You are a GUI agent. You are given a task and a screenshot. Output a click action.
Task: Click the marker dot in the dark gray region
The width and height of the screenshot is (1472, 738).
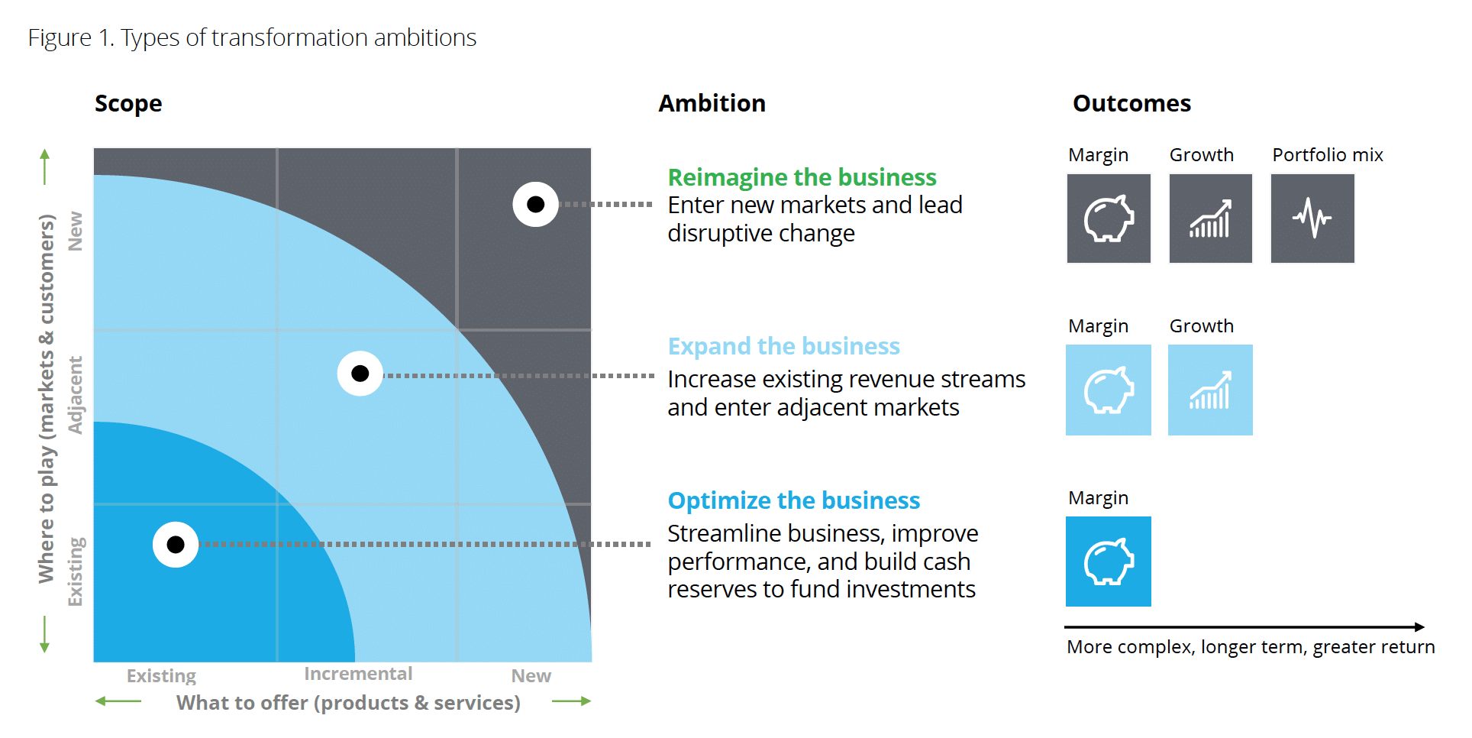pos(535,204)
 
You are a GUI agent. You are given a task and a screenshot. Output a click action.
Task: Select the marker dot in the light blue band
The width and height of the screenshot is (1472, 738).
pos(360,374)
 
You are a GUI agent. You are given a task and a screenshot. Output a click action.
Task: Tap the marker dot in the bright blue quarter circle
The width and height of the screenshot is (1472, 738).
pos(176,545)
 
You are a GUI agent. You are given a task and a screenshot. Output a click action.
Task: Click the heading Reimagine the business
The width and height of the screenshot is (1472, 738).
pos(802,177)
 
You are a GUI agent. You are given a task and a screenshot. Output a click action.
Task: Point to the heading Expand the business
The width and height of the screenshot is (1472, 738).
pos(784,346)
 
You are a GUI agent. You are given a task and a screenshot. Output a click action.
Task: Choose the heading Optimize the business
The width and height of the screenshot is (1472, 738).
pos(794,500)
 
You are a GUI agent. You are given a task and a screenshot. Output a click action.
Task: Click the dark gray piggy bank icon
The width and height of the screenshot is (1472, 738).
pos(1109,218)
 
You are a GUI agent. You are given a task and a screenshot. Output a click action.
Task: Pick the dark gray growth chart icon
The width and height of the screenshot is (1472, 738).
pos(1211,218)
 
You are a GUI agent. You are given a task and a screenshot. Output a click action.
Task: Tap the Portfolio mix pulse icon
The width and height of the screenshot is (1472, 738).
pos(1312,218)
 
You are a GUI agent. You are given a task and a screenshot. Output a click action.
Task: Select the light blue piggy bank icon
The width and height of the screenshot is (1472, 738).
pos(1109,390)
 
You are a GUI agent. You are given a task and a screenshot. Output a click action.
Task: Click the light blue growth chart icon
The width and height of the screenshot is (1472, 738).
pos(1210,390)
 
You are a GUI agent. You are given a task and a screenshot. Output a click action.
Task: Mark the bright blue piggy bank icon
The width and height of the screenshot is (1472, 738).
pos(1109,562)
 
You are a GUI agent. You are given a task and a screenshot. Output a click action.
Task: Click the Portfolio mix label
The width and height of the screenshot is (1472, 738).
pos(1328,155)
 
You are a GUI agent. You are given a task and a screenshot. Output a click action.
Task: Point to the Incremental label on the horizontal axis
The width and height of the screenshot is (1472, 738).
pos(358,674)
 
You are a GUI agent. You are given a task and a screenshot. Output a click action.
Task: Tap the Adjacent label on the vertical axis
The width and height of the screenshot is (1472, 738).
pos(75,395)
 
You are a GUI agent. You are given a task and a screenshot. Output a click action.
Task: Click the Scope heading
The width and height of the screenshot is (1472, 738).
pos(128,104)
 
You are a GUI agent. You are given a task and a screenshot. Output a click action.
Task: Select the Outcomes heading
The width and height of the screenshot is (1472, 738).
pos(1131,103)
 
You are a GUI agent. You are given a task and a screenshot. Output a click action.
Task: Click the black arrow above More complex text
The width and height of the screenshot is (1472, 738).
pos(1244,627)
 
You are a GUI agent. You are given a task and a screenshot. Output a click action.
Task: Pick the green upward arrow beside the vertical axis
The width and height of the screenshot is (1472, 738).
pos(44,167)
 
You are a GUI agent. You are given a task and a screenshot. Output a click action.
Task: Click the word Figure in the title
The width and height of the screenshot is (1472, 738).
pos(60,38)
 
